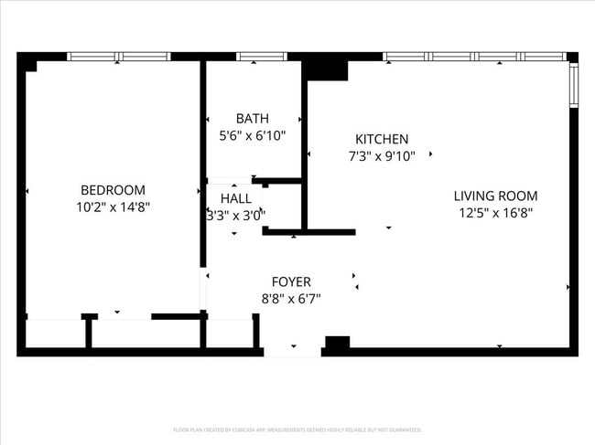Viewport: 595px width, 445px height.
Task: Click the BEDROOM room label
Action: pos(113,190)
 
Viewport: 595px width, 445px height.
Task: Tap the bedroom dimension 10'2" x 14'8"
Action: pos(113,207)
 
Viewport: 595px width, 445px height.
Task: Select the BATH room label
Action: pos(252,119)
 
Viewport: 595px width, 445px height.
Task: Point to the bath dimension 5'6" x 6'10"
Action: pos(252,135)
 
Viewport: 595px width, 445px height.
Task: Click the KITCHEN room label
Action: pos(382,139)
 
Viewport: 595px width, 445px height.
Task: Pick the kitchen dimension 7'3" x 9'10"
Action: pos(382,156)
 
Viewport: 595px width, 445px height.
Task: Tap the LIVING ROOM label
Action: pos(496,196)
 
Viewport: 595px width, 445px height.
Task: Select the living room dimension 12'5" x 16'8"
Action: pos(496,213)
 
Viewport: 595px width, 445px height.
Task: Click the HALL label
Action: pos(235,198)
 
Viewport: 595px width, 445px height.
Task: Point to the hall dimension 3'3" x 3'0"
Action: pos(235,216)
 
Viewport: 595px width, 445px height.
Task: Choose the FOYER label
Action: pos(291,281)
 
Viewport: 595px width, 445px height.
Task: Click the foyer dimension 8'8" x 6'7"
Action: pos(291,298)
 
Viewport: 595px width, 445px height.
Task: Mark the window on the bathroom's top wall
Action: pos(261,57)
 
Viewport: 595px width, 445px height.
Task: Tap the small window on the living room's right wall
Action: pos(573,85)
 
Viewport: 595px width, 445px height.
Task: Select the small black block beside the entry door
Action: pos(337,343)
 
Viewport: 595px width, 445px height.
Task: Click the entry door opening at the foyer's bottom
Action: pos(293,351)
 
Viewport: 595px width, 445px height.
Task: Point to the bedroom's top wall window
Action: pos(119,57)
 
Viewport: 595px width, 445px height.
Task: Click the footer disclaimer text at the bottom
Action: pos(297,429)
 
